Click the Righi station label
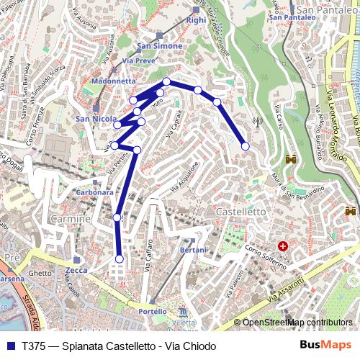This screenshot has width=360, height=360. coord(196,21)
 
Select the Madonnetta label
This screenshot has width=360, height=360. coord(104,81)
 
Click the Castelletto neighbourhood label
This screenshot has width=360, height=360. coord(240,212)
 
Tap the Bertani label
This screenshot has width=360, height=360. coord(193,249)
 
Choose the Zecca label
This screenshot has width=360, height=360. coord(76,270)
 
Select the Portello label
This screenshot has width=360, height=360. coord(152,312)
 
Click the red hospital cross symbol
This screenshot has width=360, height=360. coord(283,246)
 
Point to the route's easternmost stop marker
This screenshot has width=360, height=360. coord(246,146)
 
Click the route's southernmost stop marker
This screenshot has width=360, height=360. coord(119,259)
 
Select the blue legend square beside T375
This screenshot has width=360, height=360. coord(10,346)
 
